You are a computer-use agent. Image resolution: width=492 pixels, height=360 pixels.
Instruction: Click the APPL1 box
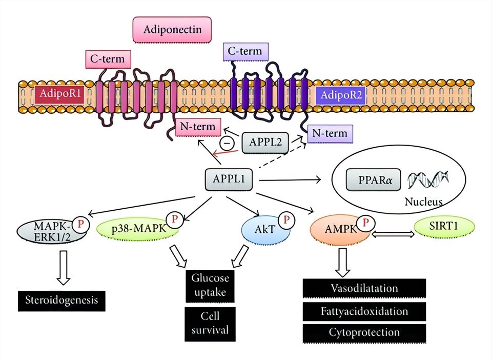pos(230,180)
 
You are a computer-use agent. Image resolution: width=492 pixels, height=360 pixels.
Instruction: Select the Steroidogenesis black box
pos(61,301)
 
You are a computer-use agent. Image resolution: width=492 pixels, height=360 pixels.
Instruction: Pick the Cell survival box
pos(210,323)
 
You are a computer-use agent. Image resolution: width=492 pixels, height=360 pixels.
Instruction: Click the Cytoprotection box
pos(364,333)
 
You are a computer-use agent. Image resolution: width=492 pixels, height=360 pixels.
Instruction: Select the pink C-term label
pos(108,59)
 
